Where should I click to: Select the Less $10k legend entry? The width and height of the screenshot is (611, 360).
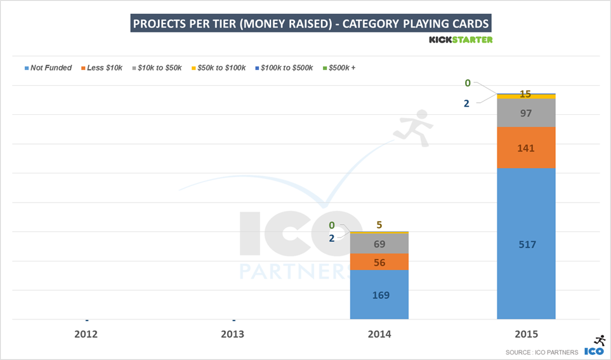(x=102, y=68)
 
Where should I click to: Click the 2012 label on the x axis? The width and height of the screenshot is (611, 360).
(x=86, y=334)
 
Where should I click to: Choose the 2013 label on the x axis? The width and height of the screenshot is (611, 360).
(x=233, y=334)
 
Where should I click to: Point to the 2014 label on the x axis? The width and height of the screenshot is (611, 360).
(x=379, y=334)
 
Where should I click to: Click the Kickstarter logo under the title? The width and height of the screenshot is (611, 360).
(x=460, y=39)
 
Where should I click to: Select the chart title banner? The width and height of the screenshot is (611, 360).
(x=310, y=24)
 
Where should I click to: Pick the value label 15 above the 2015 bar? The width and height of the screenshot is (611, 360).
(x=525, y=94)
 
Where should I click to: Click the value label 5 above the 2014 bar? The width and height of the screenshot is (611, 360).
(x=379, y=224)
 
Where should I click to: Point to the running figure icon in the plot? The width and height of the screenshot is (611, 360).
(x=412, y=127)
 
